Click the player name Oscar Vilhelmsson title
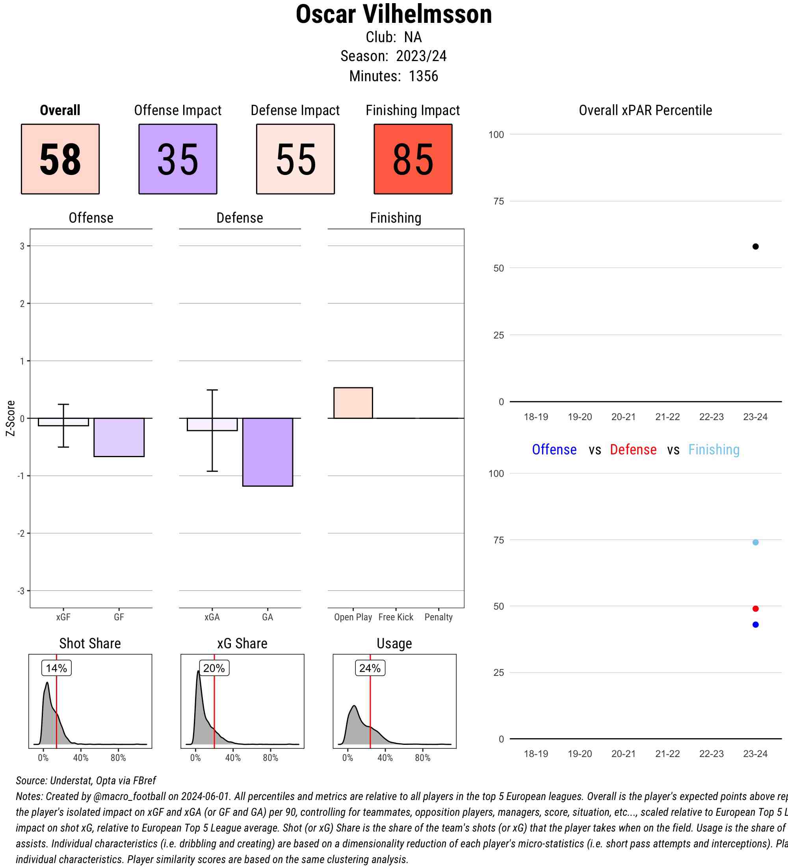(393, 15)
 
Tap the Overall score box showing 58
(60, 159)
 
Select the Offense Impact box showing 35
(178, 159)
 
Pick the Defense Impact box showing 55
(295, 159)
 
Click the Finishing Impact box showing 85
(413, 159)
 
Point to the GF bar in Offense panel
(119, 437)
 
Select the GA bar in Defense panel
(268, 452)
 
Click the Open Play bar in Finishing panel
(353, 403)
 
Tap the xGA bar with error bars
(212, 424)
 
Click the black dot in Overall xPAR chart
(755, 246)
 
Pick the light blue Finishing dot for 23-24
(755, 542)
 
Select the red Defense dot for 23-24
(755, 608)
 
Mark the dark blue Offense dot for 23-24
(755, 625)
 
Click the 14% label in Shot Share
(56, 668)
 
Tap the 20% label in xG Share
(214, 668)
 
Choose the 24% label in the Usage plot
(370, 668)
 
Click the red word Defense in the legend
(633, 449)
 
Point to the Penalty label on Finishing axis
(439, 617)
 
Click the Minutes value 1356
(423, 76)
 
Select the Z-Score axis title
(11, 418)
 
